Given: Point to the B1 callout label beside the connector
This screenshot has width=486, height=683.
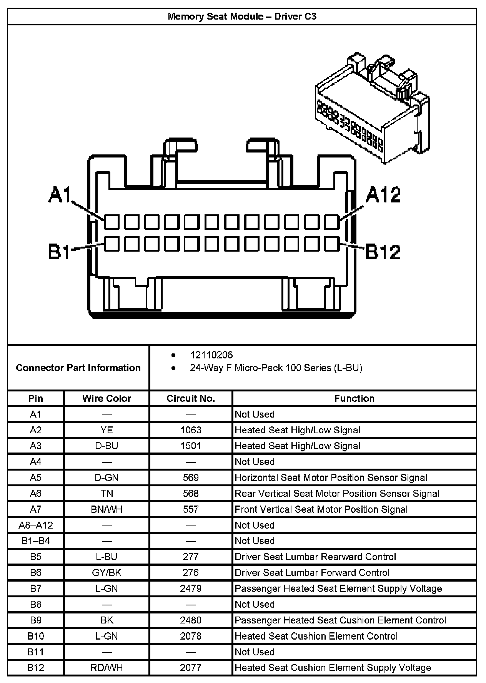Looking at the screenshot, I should (x=59, y=252).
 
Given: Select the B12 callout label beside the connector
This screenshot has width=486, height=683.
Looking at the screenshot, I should (x=383, y=252).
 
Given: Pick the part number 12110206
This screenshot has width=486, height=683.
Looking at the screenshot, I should (x=211, y=355).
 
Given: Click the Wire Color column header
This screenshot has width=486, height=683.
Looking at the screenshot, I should (x=107, y=398).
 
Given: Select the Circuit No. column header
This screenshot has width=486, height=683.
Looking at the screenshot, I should (x=191, y=398).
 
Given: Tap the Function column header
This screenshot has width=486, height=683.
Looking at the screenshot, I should (x=354, y=398).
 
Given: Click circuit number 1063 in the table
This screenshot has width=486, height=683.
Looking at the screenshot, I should (x=191, y=430).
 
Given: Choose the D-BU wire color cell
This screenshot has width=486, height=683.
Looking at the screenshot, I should (x=107, y=446).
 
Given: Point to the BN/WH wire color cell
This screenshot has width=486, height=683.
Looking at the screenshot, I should (x=107, y=509).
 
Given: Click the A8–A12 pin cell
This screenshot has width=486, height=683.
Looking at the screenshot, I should (x=36, y=525).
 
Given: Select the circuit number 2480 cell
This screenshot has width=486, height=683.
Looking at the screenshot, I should (x=191, y=620).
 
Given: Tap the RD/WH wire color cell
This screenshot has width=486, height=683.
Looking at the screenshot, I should (x=107, y=668).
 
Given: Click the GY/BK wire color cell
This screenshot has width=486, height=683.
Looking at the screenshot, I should (x=107, y=573).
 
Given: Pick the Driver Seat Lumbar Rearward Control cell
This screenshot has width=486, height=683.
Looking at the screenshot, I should (x=315, y=557).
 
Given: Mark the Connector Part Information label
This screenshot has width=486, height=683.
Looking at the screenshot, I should (x=78, y=368).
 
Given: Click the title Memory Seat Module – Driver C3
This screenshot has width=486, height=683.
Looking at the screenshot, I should (x=242, y=17).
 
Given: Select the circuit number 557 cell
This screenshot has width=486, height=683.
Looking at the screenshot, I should (x=191, y=509).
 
